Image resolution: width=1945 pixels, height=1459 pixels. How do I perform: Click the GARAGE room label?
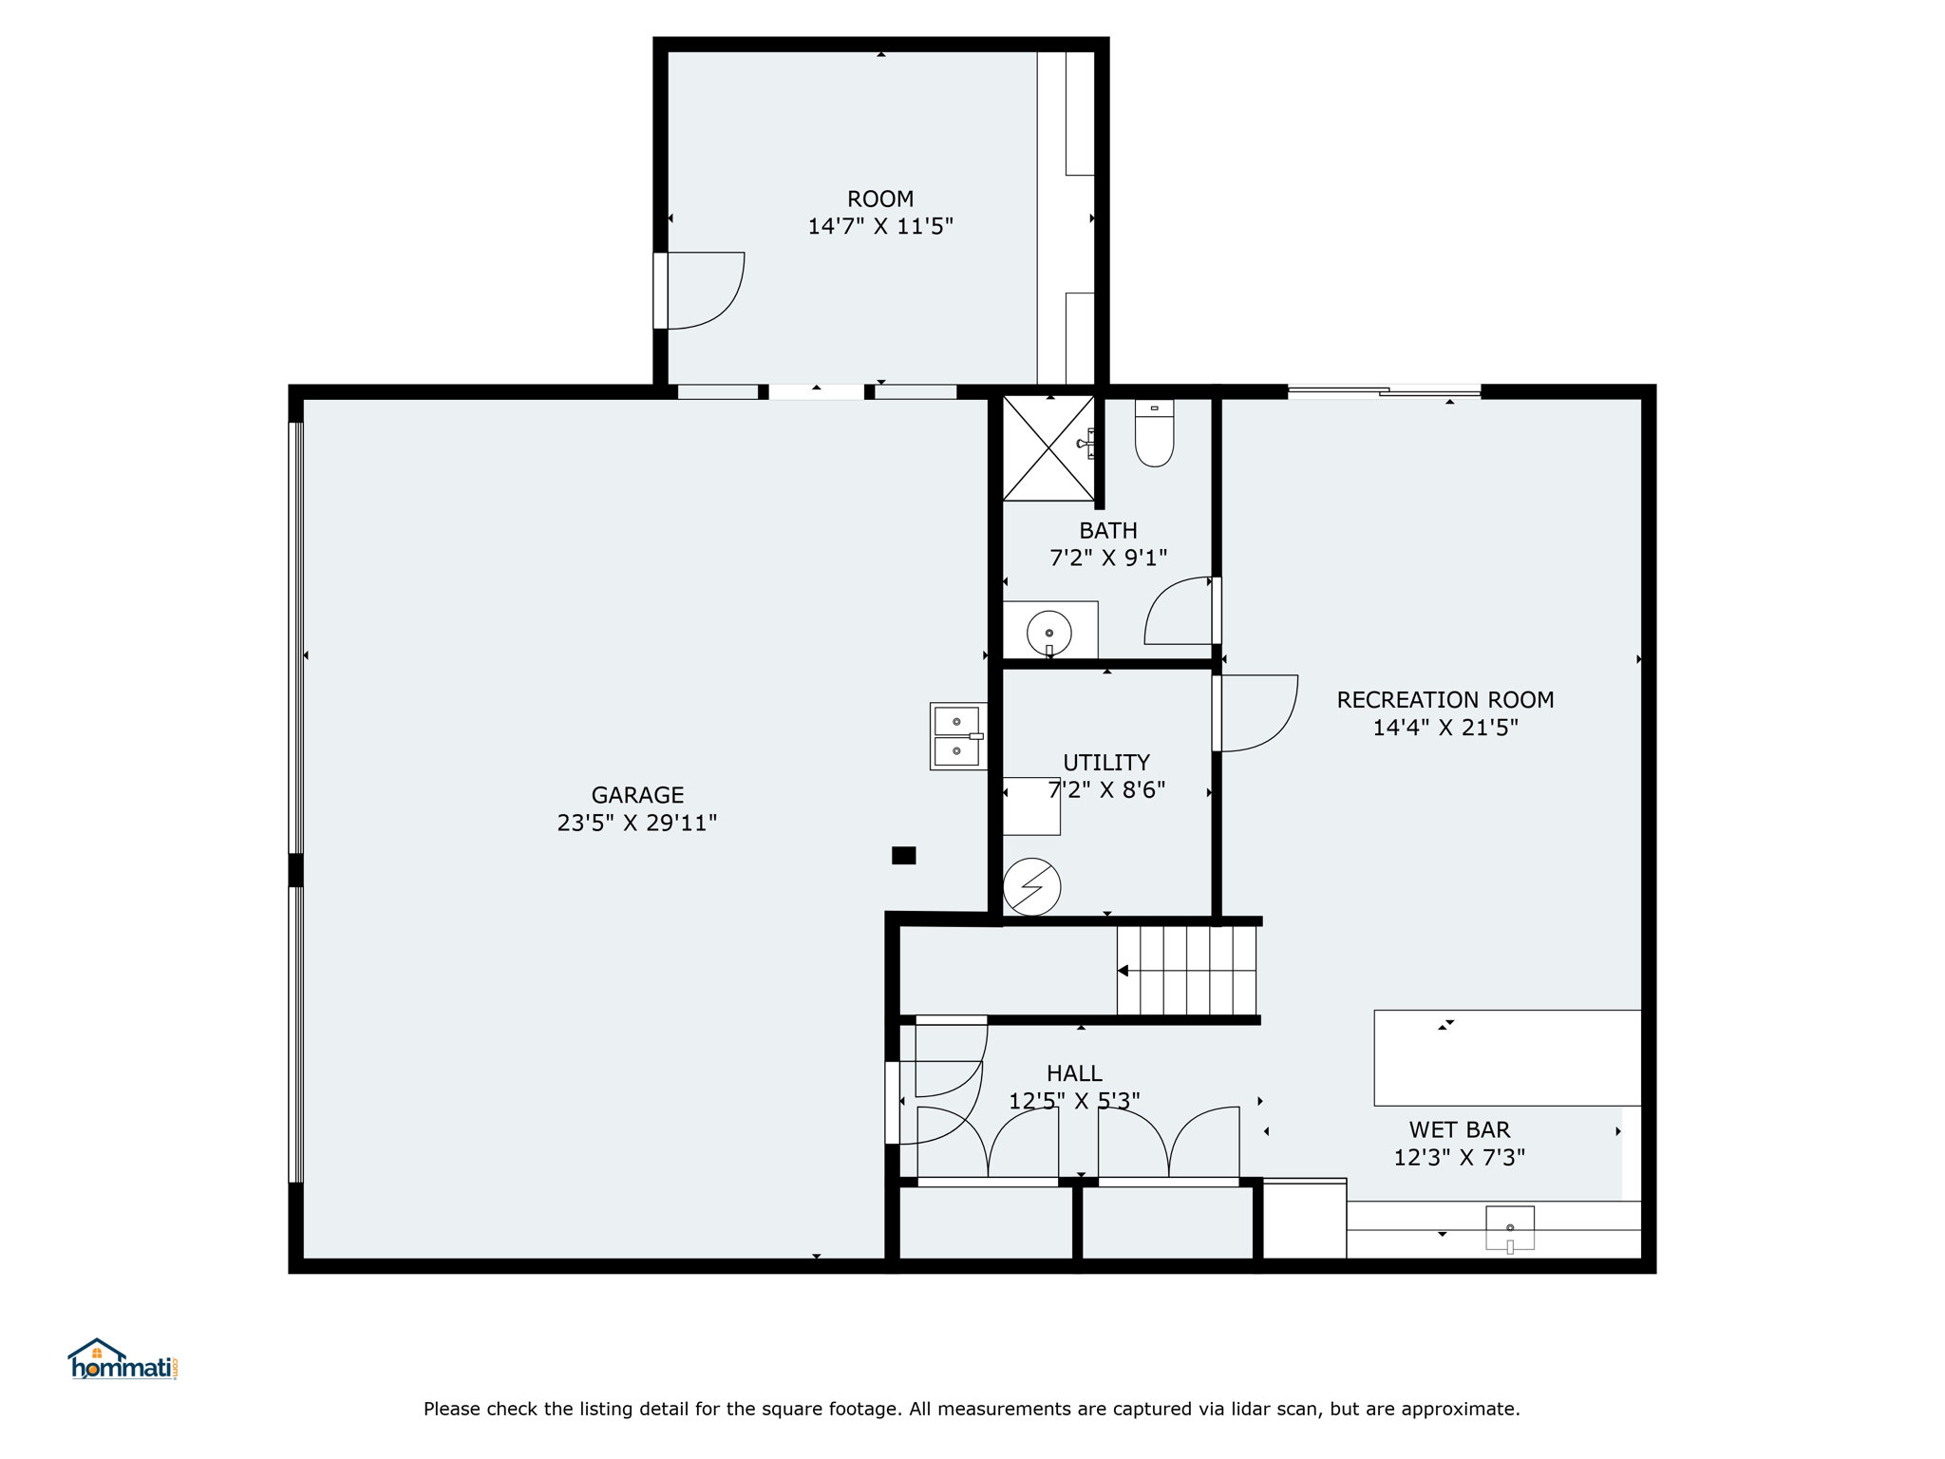pos(637,795)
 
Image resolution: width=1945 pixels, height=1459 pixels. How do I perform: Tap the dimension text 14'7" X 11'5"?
pos(880,226)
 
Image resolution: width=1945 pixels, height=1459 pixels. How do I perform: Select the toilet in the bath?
pos(1154,433)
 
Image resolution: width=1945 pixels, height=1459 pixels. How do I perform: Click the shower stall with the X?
pos(1048,448)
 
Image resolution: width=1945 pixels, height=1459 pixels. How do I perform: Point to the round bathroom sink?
pos(1049,633)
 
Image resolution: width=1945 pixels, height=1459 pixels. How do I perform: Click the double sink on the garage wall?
pos(958,736)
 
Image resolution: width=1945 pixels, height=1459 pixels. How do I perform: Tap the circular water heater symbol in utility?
pos(1031,887)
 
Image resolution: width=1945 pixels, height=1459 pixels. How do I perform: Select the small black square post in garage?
pos(904,856)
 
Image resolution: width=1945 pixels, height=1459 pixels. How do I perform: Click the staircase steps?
pos(1186,971)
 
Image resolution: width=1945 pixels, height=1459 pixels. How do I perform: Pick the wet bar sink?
pos(1510,1229)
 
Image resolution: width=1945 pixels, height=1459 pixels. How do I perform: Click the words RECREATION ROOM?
pos(1445,700)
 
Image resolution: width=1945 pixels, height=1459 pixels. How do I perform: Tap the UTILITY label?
pos(1106,763)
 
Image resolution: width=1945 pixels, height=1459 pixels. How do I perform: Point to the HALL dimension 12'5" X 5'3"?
pos(1074,1101)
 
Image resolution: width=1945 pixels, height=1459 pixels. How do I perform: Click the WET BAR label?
pos(1460,1130)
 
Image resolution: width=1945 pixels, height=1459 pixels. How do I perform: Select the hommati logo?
pos(123,1359)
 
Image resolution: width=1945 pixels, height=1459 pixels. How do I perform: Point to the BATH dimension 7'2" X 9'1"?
pos(1108,558)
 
